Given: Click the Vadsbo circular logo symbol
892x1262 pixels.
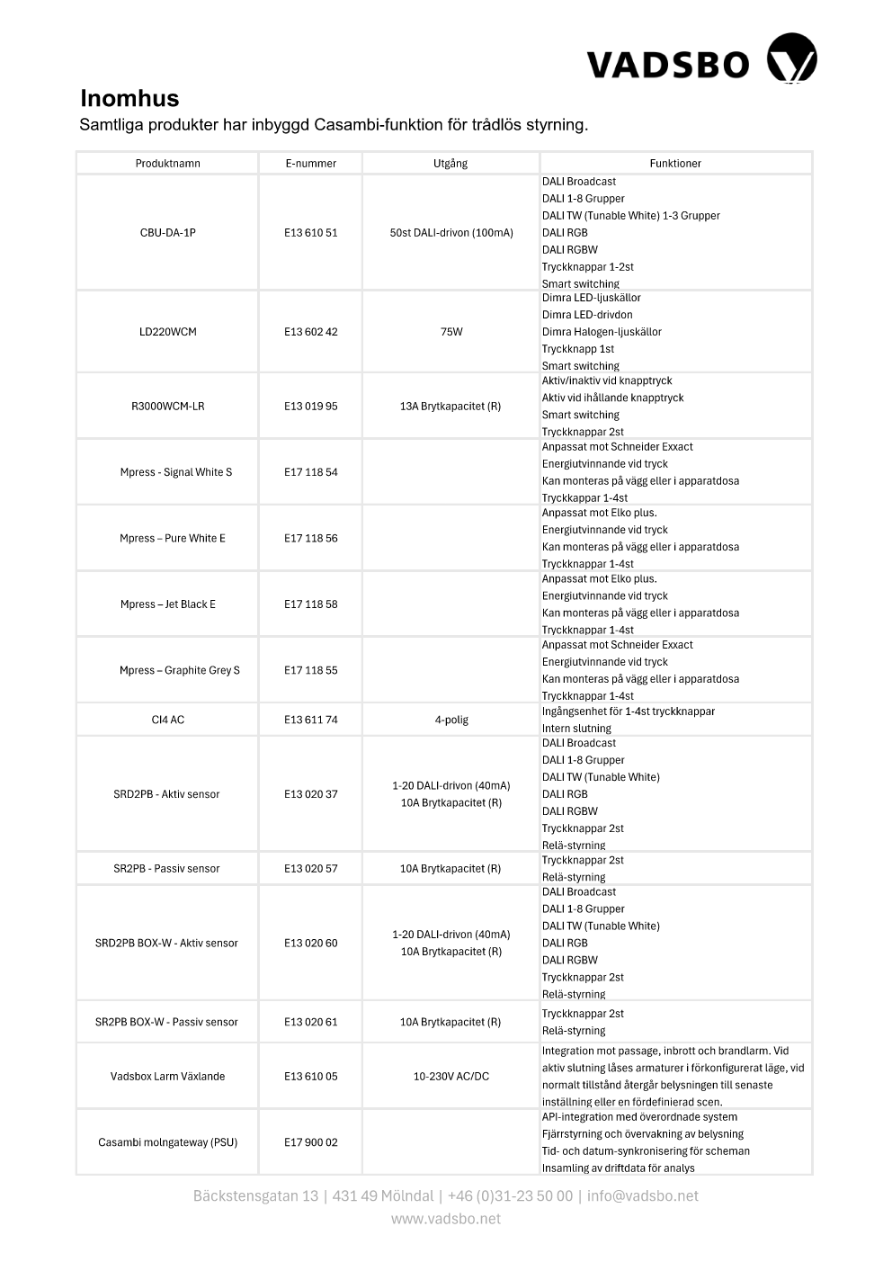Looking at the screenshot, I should pyautogui.click(x=791, y=59).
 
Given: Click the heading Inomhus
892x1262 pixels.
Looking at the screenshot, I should pyautogui.click(x=129, y=98).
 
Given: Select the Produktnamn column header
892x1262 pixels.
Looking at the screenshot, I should pyautogui.click(x=168, y=164).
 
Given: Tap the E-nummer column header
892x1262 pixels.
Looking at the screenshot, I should pyautogui.click(x=310, y=164).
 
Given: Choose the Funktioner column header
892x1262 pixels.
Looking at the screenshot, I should pyautogui.click(x=675, y=164).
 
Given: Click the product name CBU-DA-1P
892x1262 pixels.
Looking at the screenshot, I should pyautogui.click(x=168, y=233).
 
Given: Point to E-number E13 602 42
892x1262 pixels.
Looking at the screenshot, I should pyautogui.click(x=310, y=332).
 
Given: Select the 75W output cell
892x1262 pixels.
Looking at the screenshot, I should pyautogui.click(x=451, y=332).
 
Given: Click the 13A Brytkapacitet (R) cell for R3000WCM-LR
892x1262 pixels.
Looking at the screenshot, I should pyautogui.click(x=450, y=407).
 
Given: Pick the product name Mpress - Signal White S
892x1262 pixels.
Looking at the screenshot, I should pyautogui.click(x=176, y=472).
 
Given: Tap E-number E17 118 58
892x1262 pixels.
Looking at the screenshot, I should pyautogui.click(x=310, y=604).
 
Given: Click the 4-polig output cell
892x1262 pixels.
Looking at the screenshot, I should pyautogui.click(x=451, y=720).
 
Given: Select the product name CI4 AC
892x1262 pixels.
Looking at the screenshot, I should pyautogui.click(x=168, y=720).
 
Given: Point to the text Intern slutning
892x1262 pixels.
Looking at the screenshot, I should pyautogui.click(x=576, y=729).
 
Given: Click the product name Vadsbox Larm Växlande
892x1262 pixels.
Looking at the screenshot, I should pyautogui.click(x=168, y=1077).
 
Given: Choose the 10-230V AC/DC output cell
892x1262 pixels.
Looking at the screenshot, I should pyautogui.click(x=451, y=1077).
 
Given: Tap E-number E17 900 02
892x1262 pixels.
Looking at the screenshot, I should pyautogui.click(x=310, y=1142).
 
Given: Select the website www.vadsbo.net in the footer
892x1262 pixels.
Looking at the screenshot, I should pyautogui.click(x=446, y=1219).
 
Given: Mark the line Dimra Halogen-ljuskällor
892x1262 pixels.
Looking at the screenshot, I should pyautogui.click(x=602, y=332).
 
